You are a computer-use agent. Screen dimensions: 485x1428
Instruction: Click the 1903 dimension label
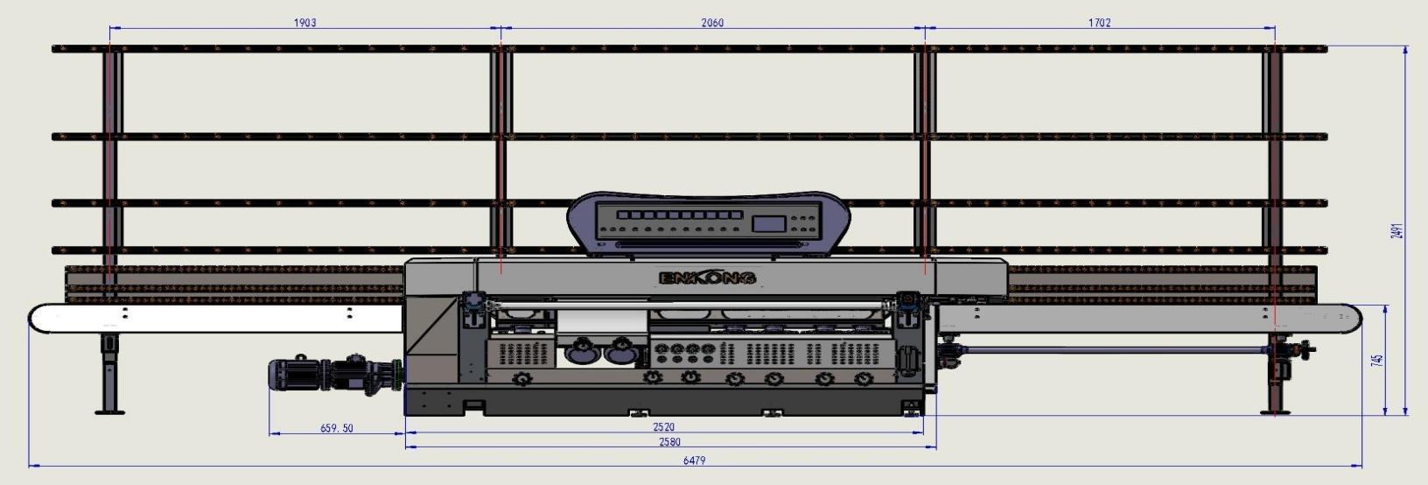pos(304,23)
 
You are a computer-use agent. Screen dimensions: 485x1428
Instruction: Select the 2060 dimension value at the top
pos(712,23)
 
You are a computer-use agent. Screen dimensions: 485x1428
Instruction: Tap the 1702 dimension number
pos(1100,23)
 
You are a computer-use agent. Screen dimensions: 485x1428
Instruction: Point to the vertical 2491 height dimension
pos(1398,231)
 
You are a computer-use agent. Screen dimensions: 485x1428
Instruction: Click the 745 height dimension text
pos(1378,360)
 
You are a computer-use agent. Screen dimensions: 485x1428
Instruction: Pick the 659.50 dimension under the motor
pos(337,428)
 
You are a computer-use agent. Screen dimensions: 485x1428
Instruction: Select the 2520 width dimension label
pos(664,428)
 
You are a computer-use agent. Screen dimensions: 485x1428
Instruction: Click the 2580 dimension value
pos(668,442)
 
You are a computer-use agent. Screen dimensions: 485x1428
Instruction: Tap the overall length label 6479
pos(694,460)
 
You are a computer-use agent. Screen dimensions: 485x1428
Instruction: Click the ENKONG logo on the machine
pos(707,278)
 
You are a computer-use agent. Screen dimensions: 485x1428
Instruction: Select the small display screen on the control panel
pos(768,223)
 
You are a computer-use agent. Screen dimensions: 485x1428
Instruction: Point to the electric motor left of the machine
pos(297,376)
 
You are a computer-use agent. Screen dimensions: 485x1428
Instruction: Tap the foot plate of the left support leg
pos(109,411)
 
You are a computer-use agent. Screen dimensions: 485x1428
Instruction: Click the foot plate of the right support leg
pos(1275,411)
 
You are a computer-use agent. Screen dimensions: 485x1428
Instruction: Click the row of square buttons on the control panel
pos(674,214)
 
